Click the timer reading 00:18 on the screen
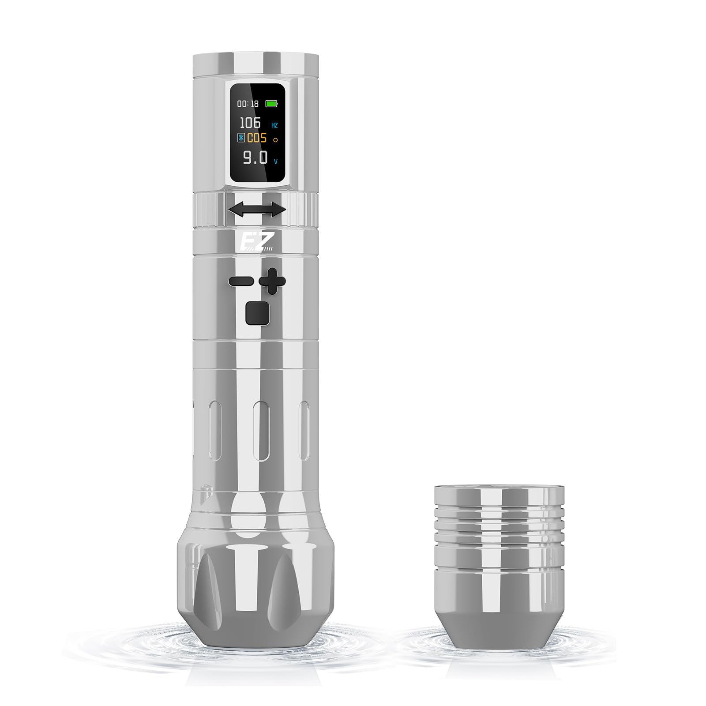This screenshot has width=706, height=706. [x=248, y=104]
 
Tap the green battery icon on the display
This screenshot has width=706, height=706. [x=272, y=104]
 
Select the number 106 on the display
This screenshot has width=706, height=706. [x=250, y=123]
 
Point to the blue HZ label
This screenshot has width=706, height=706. [x=274, y=125]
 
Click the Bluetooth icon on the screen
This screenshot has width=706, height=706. [x=241, y=138]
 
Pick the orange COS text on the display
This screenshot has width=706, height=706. [x=257, y=138]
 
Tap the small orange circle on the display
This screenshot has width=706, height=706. [x=275, y=140]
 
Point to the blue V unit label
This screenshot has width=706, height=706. [x=276, y=161]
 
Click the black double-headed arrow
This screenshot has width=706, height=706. [x=257, y=209]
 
